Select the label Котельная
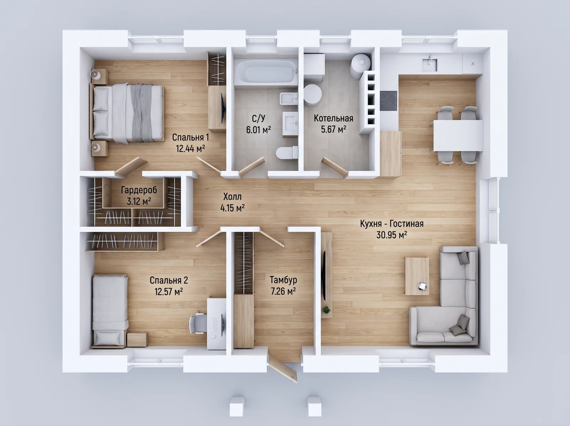[333, 118]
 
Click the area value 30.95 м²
[392, 235]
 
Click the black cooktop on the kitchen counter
[388, 101]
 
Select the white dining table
[458, 136]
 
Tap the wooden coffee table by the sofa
[417, 276]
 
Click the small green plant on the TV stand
[326, 310]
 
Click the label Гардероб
[139, 190]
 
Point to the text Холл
[232, 197]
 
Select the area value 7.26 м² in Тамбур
[283, 291]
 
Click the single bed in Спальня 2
[110, 311]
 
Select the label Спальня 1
[190, 137]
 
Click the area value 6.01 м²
[258, 129]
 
